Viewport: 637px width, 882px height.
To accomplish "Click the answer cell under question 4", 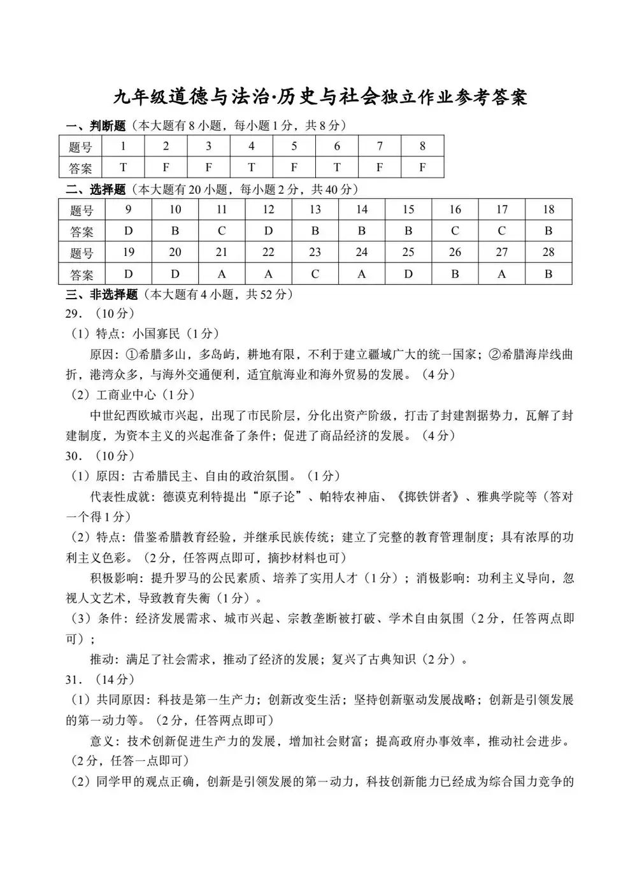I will click(x=251, y=167).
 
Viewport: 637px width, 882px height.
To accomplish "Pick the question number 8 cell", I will click(x=422, y=146).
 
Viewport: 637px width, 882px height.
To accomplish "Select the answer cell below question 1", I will click(x=123, y=167).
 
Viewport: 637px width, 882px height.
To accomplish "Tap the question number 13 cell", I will click(x=315, y=210).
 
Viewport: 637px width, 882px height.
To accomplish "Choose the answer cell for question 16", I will click(x=455, y=231).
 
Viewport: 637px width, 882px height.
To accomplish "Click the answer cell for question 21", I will click(x=222, y=274).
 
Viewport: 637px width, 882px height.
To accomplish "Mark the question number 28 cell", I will click(x=548, y=252).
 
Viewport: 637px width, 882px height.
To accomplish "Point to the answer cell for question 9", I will click(x=129, y=231).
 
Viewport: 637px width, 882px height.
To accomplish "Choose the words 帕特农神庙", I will click(x=352, y=497).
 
